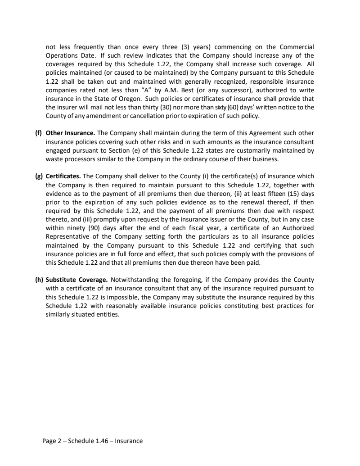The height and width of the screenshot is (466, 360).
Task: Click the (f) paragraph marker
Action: (39, 133)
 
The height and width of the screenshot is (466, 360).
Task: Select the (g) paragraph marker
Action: (39, 176)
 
